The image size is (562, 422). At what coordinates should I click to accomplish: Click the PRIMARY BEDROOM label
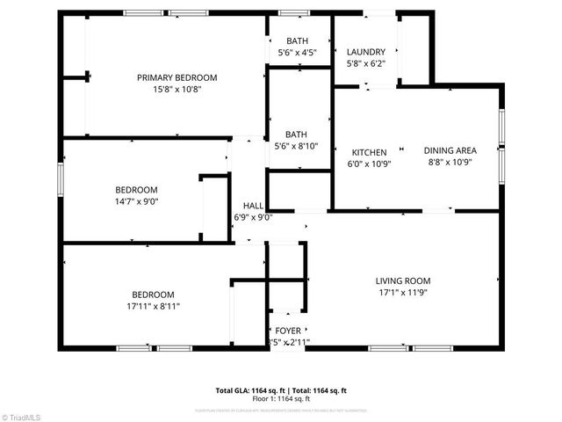177,77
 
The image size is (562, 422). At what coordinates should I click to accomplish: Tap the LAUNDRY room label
366,52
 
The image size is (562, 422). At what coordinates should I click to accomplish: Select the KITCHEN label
370,152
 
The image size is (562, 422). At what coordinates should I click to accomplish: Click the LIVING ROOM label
404,281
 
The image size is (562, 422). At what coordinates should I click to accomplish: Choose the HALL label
253,206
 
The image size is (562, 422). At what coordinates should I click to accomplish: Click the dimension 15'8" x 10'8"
177,89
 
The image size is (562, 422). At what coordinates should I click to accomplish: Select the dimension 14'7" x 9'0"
136,201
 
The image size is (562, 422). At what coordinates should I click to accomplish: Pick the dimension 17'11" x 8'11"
153,306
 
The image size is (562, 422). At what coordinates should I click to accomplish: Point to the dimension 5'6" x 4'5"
297,53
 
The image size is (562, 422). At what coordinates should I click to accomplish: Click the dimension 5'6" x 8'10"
297,146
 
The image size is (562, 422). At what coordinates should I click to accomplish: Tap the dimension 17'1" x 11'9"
404,293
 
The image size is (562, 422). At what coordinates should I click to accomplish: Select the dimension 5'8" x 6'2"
366,63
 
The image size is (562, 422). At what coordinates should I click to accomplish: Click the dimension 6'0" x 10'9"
370,164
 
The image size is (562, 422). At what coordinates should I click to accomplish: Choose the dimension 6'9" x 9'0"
253,217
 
